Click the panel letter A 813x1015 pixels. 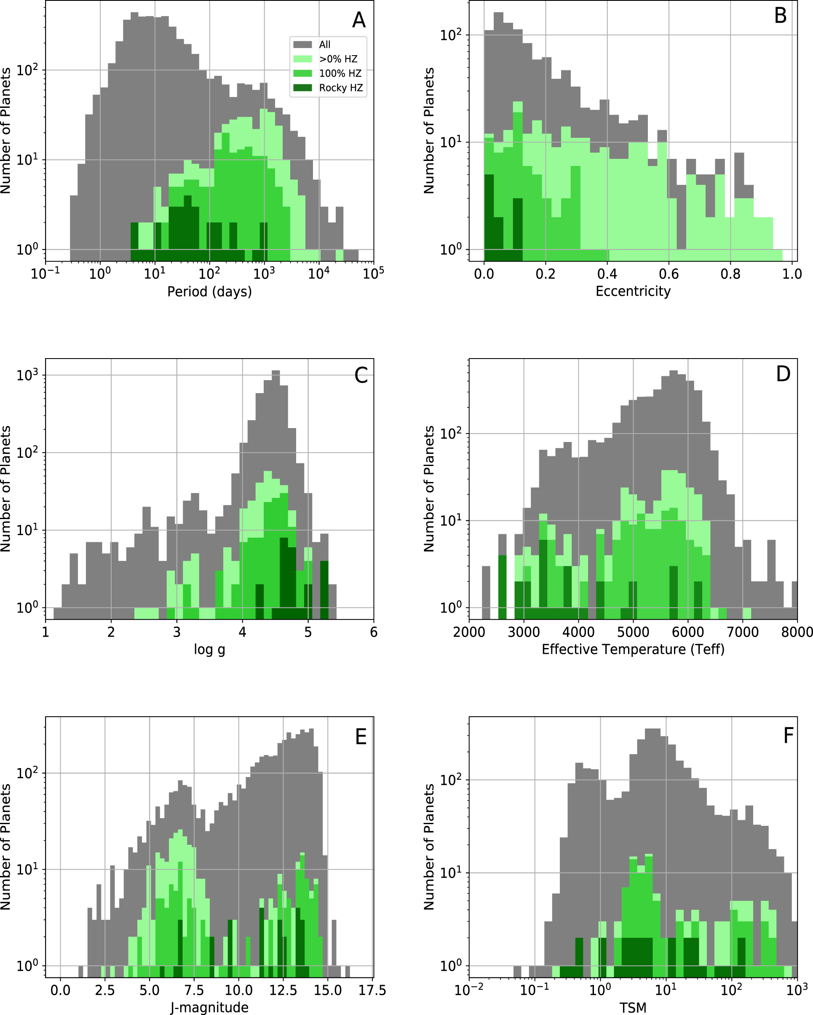point(359,20)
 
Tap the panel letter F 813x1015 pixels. point(788,735)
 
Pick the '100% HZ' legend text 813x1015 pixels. point(340,73)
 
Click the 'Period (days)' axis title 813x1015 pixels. point(209,292)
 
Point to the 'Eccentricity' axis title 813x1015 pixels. point(633,292)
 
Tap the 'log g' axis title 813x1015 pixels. point(209,650)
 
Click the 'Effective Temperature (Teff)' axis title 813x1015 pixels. point(633,650)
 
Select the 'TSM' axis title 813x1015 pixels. point(633,1008)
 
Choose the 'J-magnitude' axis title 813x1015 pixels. point(209,1007)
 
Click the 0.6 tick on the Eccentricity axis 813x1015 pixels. point(669,274)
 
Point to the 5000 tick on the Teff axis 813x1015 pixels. point(633,632)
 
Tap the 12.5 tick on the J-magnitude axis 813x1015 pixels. point(283,991)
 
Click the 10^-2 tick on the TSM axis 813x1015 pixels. point(469,991)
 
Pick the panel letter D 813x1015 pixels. point(783,374)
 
